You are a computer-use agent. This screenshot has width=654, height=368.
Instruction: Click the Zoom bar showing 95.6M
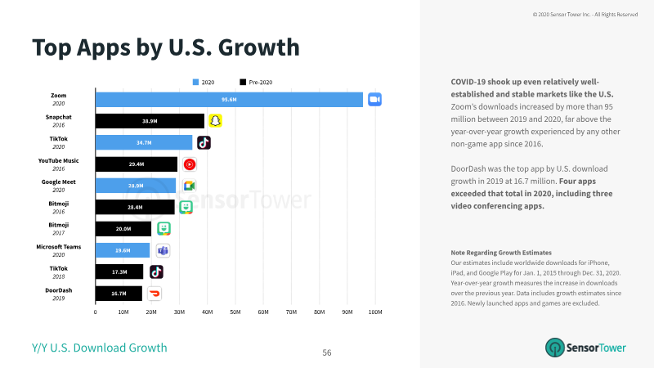[229, 100]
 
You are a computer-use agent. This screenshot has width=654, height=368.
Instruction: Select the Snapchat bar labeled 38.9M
[150, 121]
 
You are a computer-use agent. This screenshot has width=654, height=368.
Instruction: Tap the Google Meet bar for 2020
[136, 186]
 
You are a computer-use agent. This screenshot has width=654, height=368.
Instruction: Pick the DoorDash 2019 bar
[119, 294]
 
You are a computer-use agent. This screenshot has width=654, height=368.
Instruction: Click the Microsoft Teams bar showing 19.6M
[123, 250]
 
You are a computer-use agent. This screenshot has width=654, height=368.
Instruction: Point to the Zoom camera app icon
[374, 100]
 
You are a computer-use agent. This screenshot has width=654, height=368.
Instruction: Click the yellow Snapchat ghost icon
[215, 121]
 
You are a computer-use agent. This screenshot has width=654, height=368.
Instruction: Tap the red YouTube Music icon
[190, 164]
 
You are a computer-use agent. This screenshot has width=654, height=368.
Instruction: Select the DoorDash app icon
[155, 294]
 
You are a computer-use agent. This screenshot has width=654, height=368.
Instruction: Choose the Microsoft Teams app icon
[163, 250]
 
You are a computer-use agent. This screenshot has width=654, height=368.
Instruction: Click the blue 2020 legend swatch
[195, 83]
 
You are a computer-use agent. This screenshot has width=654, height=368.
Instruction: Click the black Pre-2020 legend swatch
[243, 83]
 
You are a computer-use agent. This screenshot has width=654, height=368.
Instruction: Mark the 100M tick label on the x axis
[375, 312]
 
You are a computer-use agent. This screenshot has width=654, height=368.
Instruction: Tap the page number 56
[327, 353]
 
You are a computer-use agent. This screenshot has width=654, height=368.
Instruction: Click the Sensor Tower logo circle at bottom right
[555, 348]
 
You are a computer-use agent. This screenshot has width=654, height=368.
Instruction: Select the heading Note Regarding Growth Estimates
[501, 253]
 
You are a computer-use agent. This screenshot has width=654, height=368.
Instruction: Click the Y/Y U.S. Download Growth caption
[99, 348]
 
